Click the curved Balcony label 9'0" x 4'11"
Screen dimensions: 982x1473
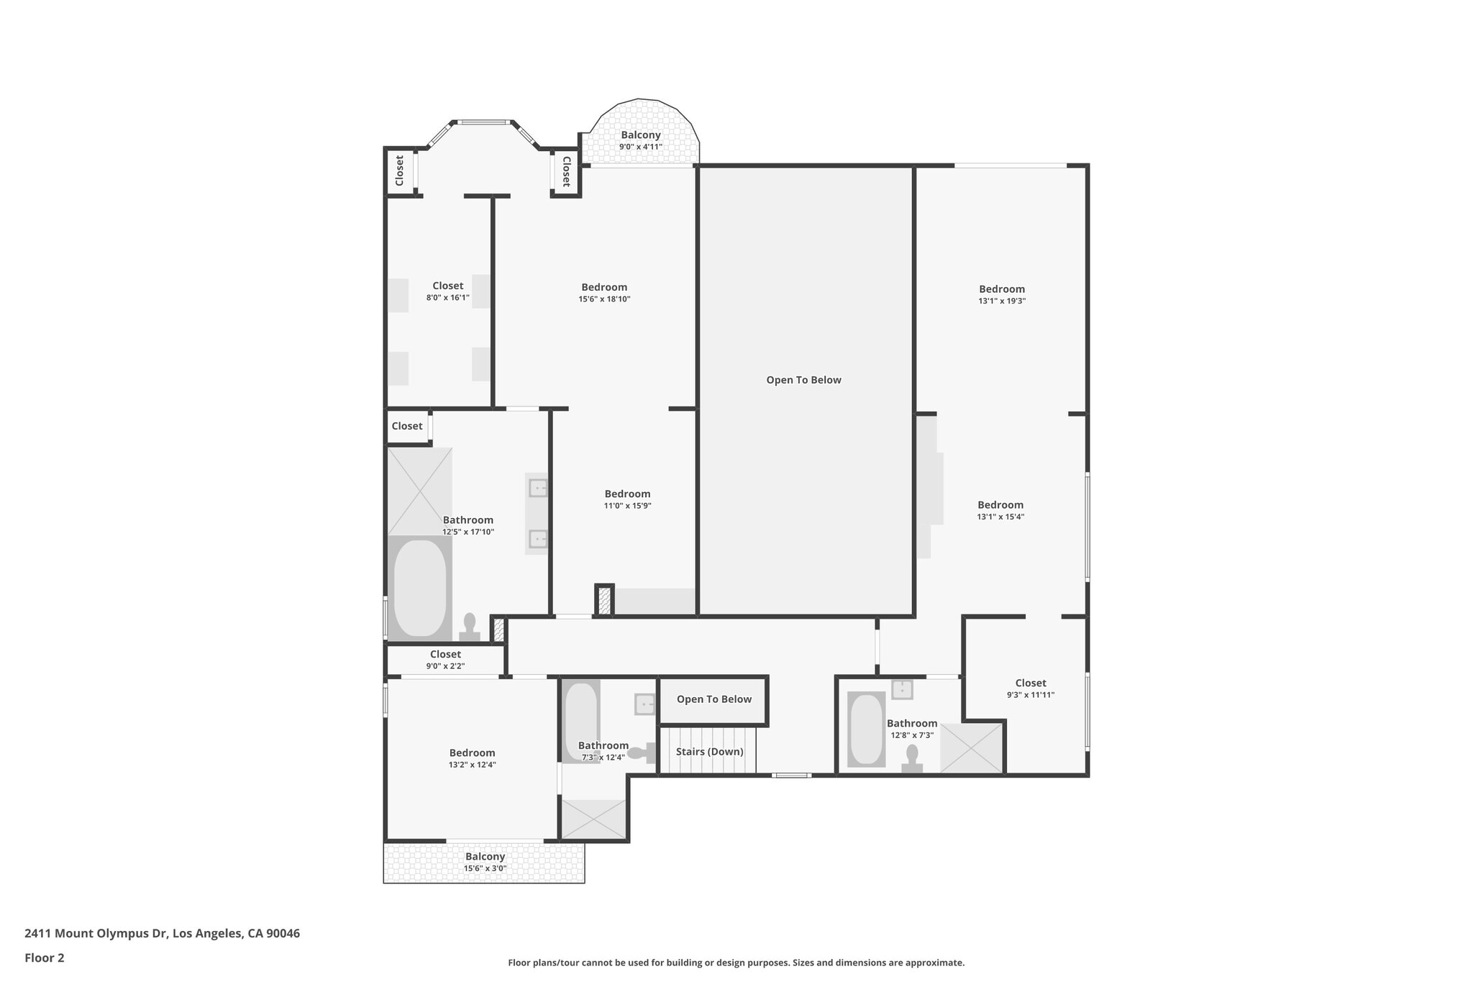point(640,136)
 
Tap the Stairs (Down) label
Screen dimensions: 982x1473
point(709,752)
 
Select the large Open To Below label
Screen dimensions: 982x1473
point(803,380)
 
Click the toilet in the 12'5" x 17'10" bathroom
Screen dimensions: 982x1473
point(470,627)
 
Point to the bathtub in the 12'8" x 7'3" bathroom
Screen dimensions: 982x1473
point(866,729)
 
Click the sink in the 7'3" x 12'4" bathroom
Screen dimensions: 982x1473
point(644,704)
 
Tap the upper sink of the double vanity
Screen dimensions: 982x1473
point(538,488)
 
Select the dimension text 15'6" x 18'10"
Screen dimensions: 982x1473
point(604,299)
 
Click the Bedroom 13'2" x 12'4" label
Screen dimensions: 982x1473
point(473,753)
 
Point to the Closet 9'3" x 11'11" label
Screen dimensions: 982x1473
point(1031,683)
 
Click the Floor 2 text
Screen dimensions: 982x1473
point(45,958)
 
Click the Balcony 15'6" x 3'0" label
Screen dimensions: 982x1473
point(485,857)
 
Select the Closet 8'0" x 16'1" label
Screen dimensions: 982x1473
point(447,286)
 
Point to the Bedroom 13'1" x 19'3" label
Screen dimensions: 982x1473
point(1001,290)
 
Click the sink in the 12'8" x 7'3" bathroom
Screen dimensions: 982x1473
point(902,689)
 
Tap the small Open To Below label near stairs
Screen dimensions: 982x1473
point(713,699)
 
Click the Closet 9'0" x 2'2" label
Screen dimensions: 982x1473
point(445,655)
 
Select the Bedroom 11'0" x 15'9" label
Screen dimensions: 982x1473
point(627,494)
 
